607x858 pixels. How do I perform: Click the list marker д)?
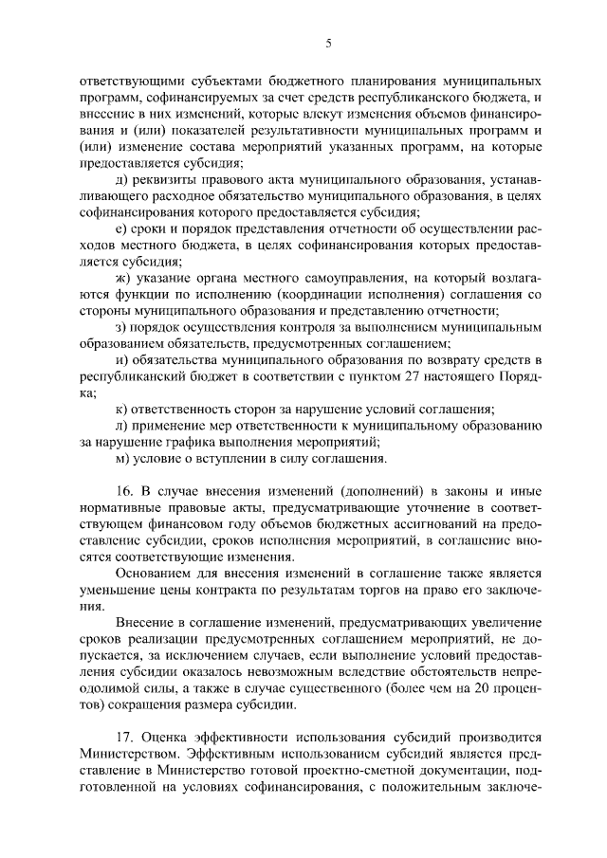click(120, 180)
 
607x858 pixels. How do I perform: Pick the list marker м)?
click(120, 459)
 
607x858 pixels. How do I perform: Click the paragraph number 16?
click(123, 491)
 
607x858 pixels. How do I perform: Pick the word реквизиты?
click(164, 180)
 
